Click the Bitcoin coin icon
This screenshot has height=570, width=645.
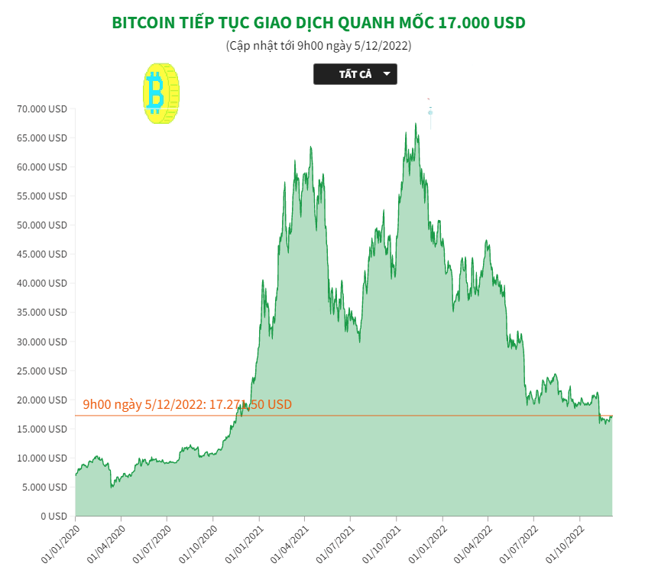click(160, 94)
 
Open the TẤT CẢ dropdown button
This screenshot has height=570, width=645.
click(355, 74)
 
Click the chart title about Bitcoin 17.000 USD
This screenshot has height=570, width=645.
click(319, 23)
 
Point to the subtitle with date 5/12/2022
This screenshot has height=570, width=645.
click(319, 46)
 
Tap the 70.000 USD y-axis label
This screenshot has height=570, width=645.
click(43, 109)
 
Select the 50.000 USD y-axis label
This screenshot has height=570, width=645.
click(43, 225)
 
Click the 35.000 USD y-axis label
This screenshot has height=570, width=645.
click(43, 313)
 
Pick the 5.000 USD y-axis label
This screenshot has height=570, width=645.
click(45, 487)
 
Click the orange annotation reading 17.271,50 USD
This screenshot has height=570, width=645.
click(187, 404)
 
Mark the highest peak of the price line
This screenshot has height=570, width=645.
click(416, 124)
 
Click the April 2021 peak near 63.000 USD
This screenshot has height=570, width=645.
click(310, 147)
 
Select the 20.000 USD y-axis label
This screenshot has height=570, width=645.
click(43, 400)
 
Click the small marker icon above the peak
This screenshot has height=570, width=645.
click(430, 112)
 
